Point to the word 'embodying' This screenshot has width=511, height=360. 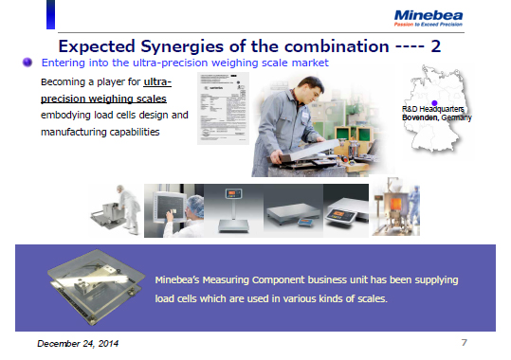point(67,115)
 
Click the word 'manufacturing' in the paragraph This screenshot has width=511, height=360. point(73,131)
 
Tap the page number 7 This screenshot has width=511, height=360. point(464,340)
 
